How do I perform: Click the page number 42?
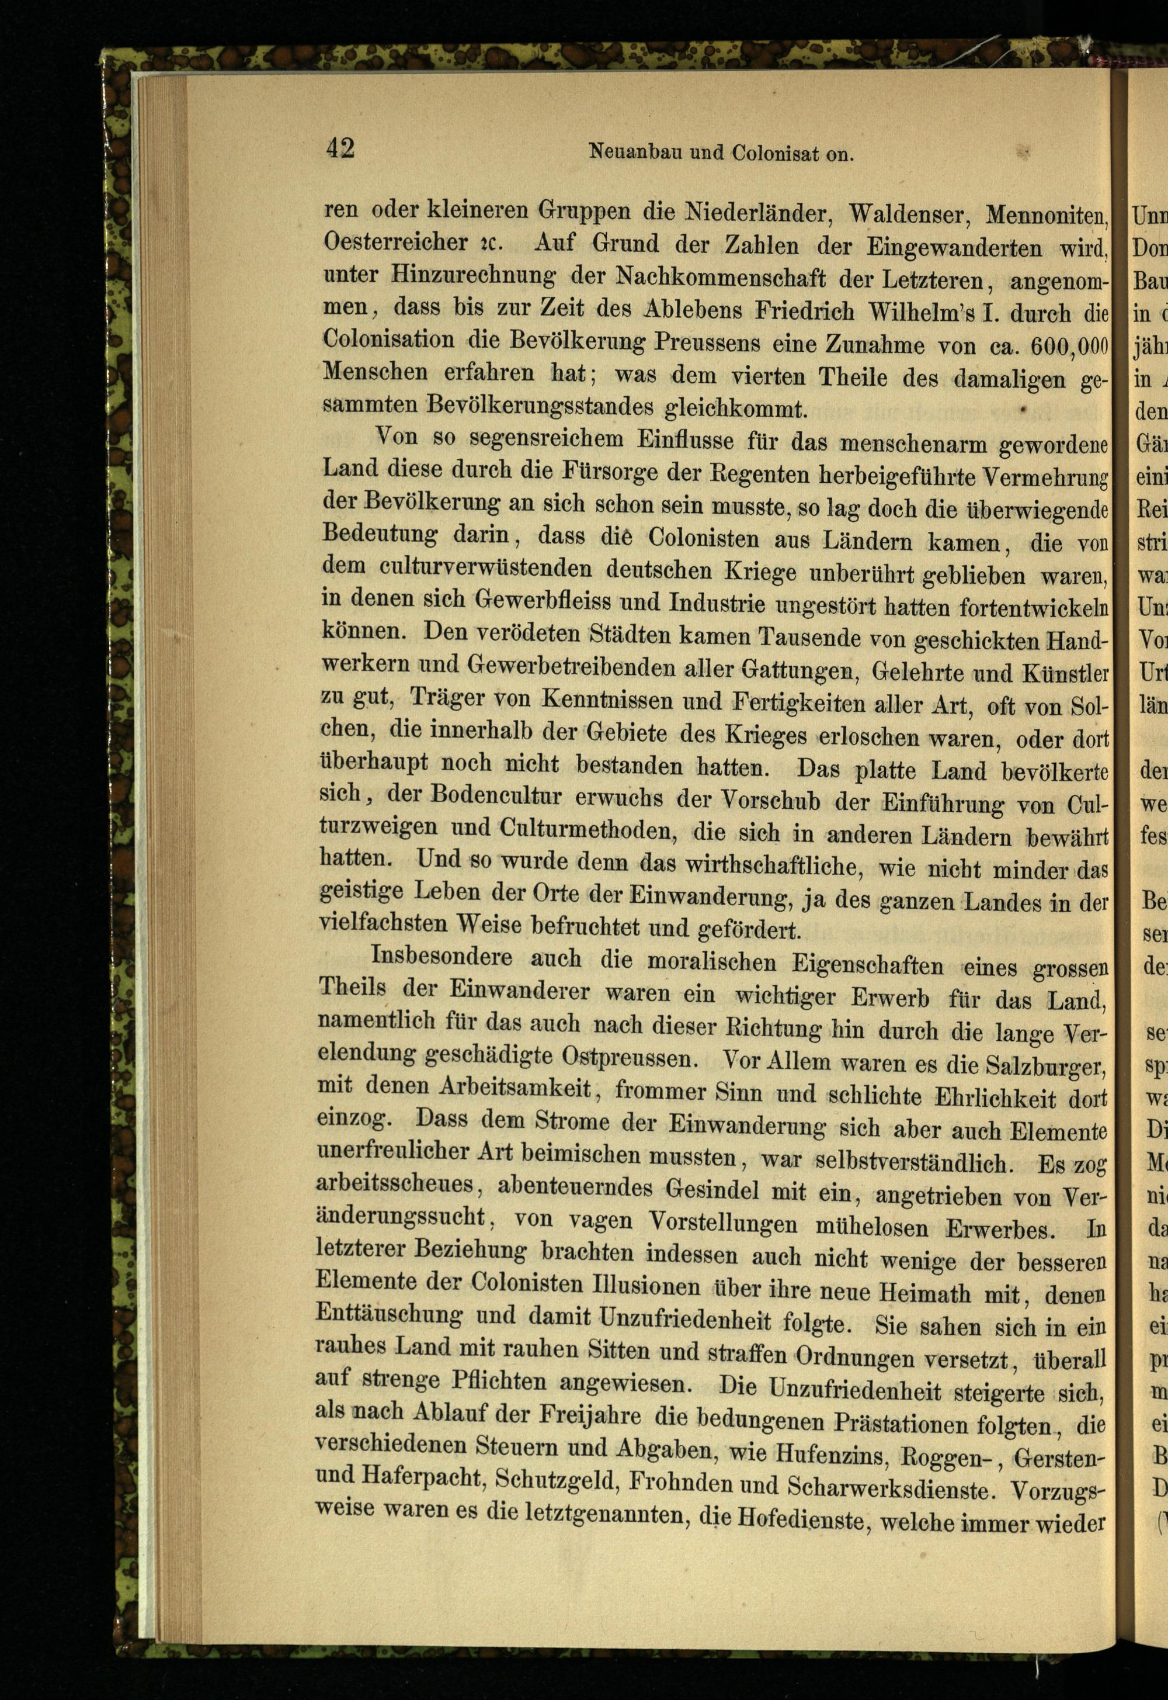point(340,148)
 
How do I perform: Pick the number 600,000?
point(1069,345)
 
